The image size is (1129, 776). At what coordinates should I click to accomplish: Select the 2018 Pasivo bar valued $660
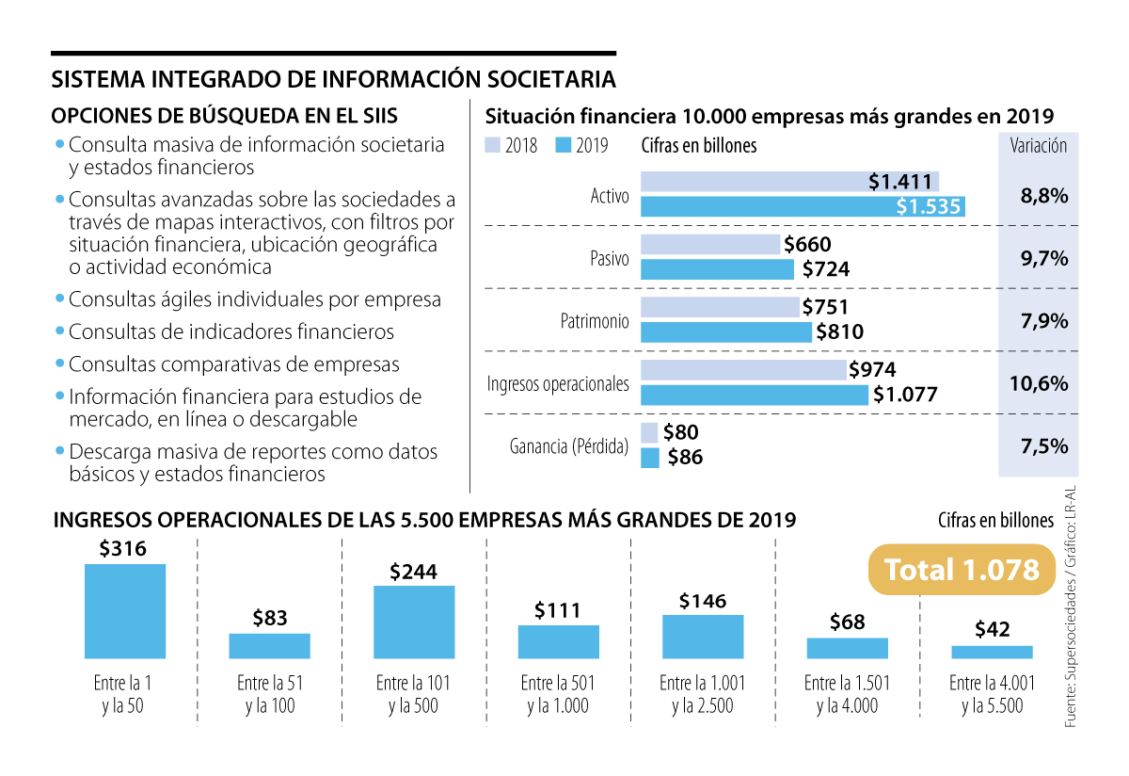click(x=711, y=245)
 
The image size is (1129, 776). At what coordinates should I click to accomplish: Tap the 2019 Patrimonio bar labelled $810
click(x=725, y=331)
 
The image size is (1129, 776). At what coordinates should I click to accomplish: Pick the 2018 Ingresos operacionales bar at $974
click(x=743, y=370)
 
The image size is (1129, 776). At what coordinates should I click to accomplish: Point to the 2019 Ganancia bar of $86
click(x=649, y=458)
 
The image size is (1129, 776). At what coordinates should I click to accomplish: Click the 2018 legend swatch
click(x=491, y=146)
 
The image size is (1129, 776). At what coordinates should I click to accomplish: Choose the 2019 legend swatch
click(x=564, y=146)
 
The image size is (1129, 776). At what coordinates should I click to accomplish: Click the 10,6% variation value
click(x=1043, y=383)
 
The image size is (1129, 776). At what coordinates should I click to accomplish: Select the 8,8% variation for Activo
click(x=1043, y=196)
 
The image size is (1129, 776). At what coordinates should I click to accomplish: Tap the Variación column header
click(x=1038, y=146)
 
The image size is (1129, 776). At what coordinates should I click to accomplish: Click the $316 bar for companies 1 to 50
click(x=125, y=610)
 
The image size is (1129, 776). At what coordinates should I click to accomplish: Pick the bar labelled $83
click(x=269, y=645)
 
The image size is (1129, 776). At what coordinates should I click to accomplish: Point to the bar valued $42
click(x=992, y=652)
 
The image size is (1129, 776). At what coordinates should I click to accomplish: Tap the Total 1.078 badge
click(x=962, y=570)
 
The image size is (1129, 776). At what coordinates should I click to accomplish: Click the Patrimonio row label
click(x=594, y=321)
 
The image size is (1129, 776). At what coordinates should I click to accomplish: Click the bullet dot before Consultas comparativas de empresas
click(x=60, y=363)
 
